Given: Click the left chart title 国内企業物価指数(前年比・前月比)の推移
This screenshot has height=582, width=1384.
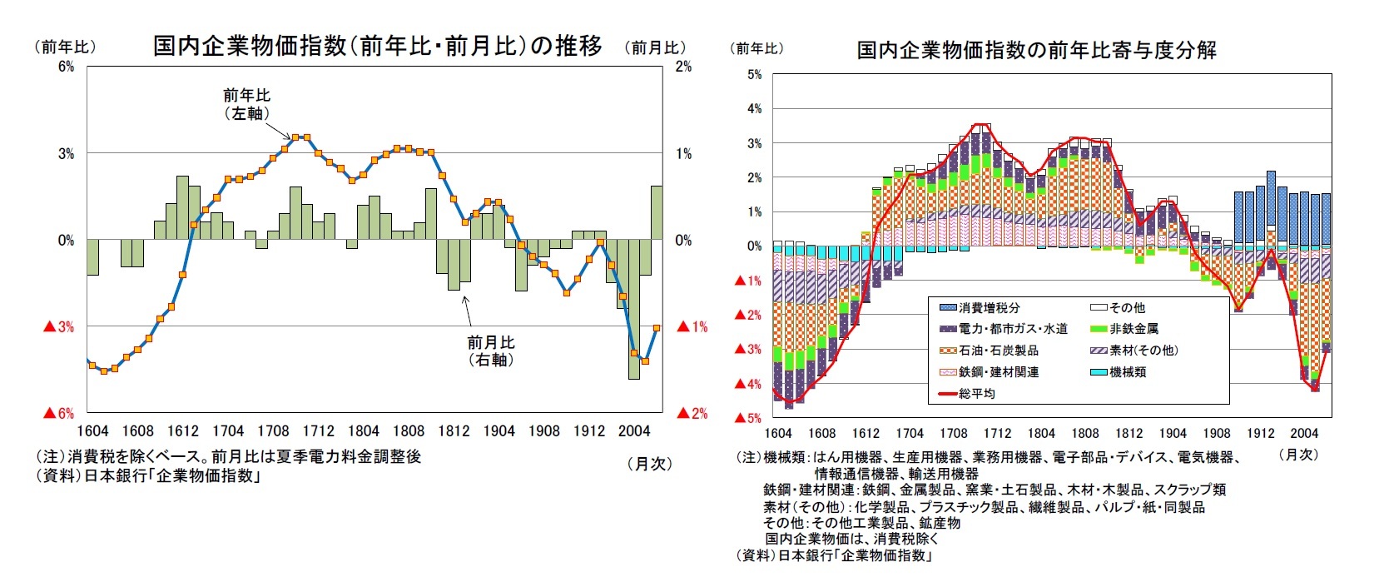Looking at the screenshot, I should (377, 46).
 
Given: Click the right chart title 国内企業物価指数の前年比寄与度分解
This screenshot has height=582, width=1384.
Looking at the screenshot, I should (1036, 51).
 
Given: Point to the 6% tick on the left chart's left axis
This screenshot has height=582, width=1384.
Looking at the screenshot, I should (66, 67).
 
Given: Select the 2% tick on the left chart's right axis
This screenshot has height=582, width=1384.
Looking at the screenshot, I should (683, 67).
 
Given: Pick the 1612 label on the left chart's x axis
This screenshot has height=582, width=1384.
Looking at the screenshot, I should (182, 430).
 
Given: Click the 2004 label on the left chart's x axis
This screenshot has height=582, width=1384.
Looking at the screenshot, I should (633, 430).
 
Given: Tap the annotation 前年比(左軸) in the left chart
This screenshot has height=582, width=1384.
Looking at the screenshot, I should (246, 104).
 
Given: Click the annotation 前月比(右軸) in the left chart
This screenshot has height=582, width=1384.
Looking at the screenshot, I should (490, 351).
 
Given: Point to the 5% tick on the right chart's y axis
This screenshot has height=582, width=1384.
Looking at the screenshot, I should (754, 75).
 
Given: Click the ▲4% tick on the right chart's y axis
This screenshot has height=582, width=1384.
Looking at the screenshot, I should (748, 384).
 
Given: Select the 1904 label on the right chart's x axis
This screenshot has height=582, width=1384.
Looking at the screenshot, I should (1172, 433).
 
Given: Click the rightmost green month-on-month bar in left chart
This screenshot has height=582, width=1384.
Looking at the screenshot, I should (657, 212).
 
